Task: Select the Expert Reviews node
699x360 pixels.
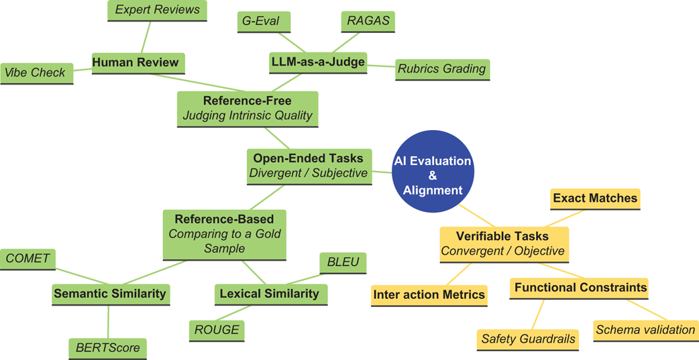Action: (158, 10)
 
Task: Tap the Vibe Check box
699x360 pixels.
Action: (36, 72)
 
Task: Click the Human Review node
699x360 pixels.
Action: (136, 62)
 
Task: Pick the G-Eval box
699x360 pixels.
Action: (263, 21)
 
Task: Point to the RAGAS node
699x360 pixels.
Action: (368, 21)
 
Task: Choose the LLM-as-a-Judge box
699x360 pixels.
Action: (317, 62)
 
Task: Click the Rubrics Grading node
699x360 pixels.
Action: (441, 68)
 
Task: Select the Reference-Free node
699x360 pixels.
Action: (248, 107)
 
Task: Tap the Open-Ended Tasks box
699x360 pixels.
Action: (308, 165)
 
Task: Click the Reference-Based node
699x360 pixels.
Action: (225, 234)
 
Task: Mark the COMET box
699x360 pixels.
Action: (28, 258)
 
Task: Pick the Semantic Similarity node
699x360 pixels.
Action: (110, 293)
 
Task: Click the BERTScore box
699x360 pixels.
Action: (107, 349)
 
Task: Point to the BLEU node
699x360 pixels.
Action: (343, 262)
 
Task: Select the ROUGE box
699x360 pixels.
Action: (216, 330)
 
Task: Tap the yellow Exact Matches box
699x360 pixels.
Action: (595, 198)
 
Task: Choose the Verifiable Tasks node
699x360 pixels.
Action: (503, 244)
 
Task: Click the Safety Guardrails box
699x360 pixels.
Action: (528, 339)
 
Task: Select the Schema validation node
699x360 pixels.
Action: (645, 329)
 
